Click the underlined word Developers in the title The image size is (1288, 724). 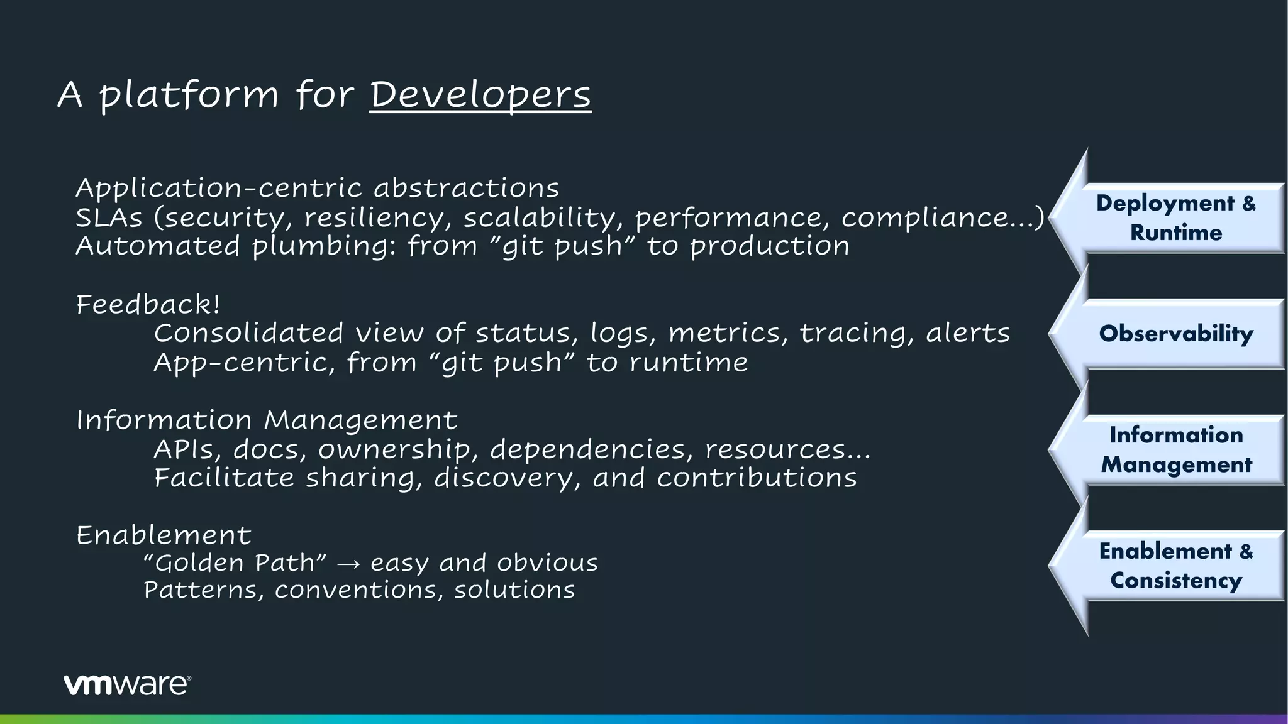click(480, 95)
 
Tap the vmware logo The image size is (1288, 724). click(127, 684)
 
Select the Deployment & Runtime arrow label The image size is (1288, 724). click(1175, 217)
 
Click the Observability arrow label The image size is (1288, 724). click(1175, 333)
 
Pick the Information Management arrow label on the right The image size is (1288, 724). click(1175, 449)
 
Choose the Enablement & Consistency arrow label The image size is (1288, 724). click(1175, 566)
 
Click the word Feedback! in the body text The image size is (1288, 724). click(148, 305)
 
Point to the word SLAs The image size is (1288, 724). click(109, 217)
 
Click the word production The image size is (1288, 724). click(770, 246)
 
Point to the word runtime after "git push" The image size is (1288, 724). click(689, 363)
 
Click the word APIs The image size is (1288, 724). click(187, 449)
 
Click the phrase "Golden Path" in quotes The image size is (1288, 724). click(235, 563)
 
